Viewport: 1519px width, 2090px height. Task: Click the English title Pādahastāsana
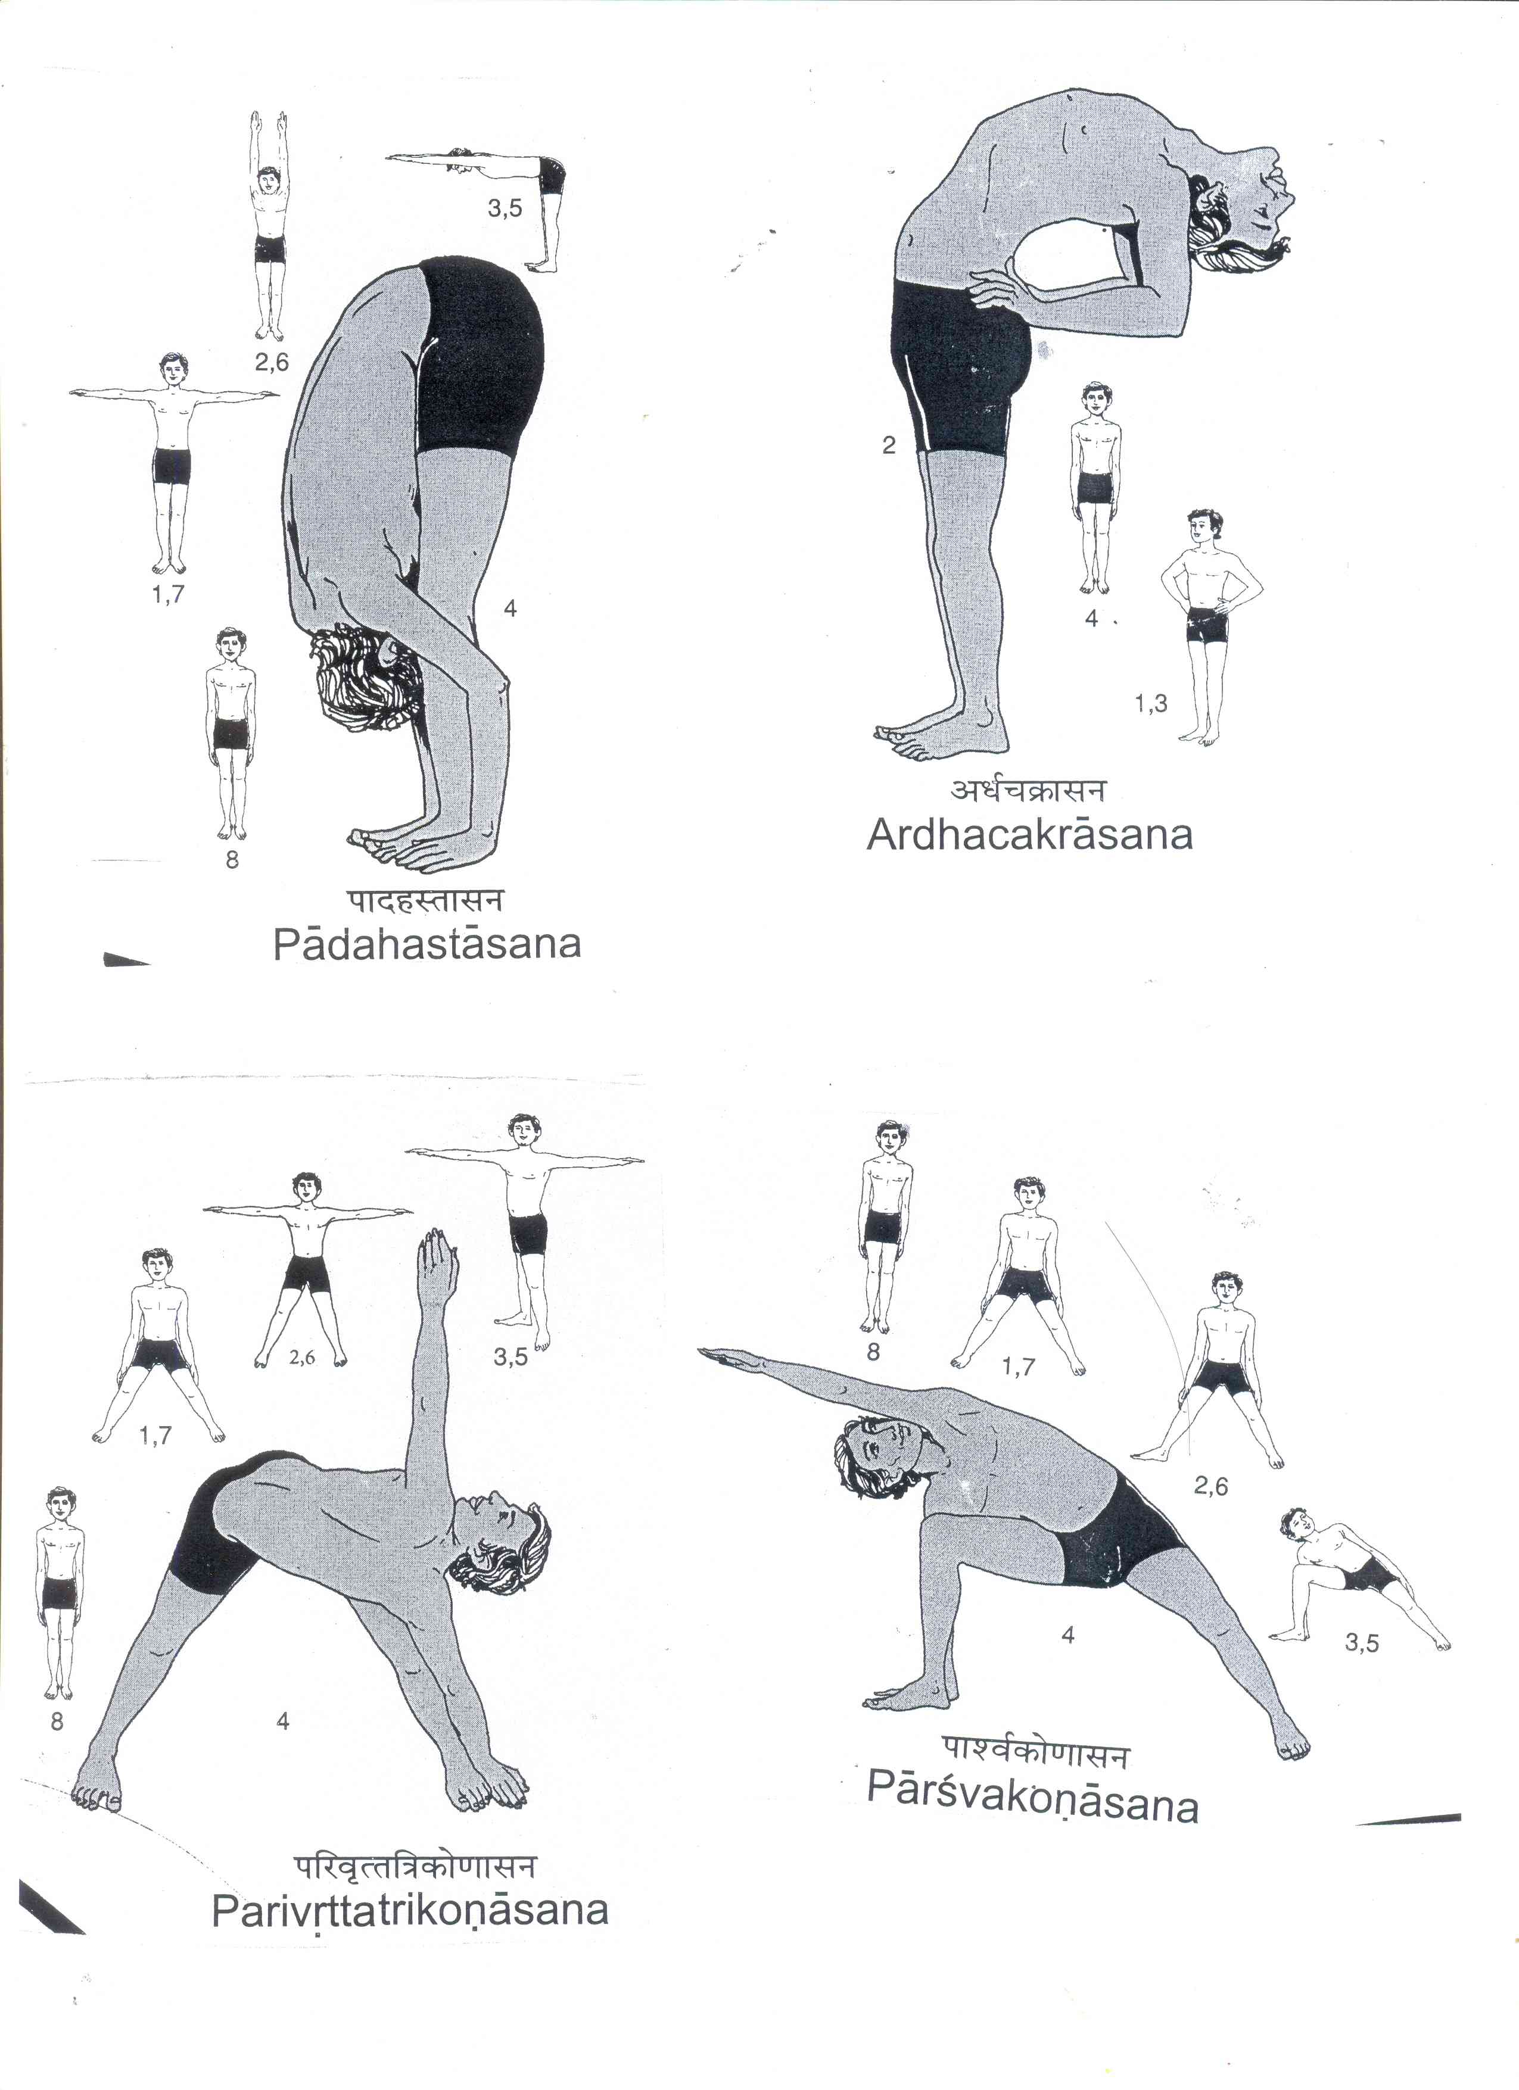click(x=427, y=944)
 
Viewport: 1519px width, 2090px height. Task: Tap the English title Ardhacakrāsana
click(x=1029, y=834)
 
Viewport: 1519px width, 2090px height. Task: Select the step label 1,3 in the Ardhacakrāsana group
click(x=1150, y=704)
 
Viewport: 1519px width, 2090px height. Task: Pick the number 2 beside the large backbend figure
click(x=889, y=446)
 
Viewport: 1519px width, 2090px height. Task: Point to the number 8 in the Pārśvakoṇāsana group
click(x=873, y=1352)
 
